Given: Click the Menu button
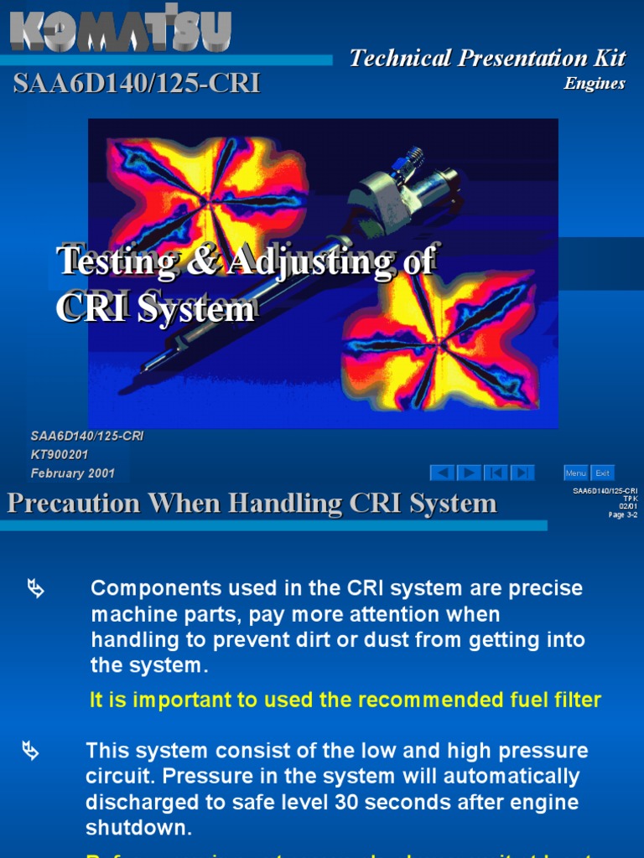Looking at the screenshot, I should tap(575, 473).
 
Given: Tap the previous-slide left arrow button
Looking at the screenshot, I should tap(442, 473).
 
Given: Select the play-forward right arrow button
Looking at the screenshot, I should tap(469, 473).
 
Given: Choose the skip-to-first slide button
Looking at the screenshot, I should tap(496, 473).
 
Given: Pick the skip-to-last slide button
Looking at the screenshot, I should tap(522, 473).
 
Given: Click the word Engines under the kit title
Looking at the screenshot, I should tap(595, 83).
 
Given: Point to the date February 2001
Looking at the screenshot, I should tap(73, 473).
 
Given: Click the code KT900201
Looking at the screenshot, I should tap(60, 455).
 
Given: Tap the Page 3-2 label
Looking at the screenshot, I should tap(623, 514).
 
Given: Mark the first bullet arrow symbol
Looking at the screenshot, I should tap(35, 589).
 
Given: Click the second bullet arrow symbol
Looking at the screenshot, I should tap(30, 751).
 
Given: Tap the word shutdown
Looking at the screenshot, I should tap(138, 829).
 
